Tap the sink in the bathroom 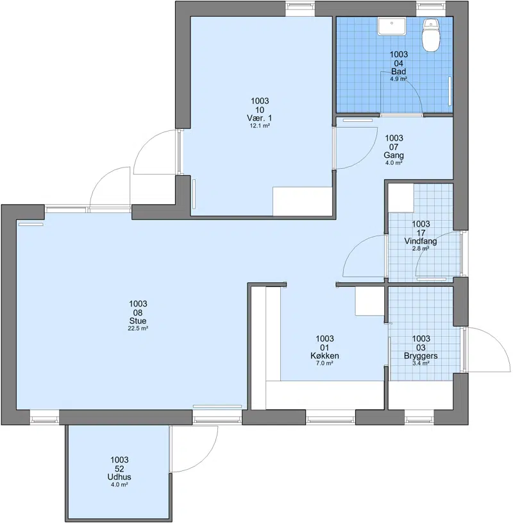[x=392, y=26]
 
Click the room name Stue [x=138, y=321]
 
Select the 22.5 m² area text [x=138, y=329]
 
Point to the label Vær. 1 [x=259, y=118]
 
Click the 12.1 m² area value [x=260, y=126]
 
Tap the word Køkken [x=324, y=356]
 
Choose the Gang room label [x=394, y=155]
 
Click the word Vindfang [x=420, y=241]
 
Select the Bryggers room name [x=421, y=356]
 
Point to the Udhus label [x=119, y=477]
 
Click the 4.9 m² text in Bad [x=399, y=79]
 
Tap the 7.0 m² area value [x=324, y=363]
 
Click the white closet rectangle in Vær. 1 [x=303, y=201]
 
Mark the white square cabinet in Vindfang [x=401, y=198]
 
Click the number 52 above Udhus [x=119, y=468]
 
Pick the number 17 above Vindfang [x=421, y=232]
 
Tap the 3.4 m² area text [x=421, y=363]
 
